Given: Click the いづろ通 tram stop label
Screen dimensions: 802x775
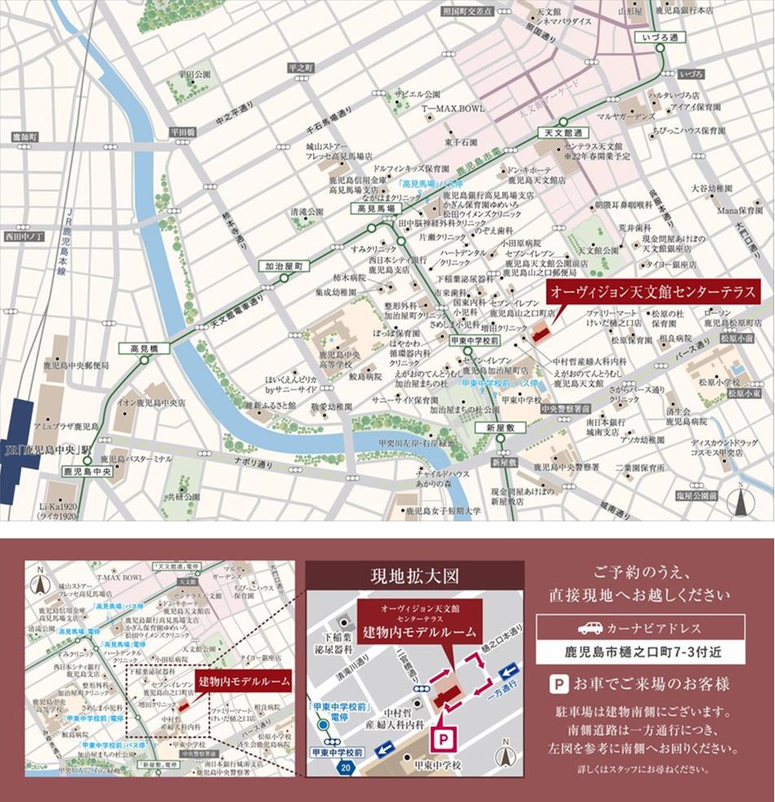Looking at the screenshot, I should click(660, 38).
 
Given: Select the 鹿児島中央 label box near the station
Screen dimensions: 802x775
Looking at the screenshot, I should click(85, 472).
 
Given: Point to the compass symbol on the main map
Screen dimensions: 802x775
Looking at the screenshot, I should click(741, 500).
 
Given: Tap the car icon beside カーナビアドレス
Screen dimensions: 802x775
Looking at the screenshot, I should click(589, 628).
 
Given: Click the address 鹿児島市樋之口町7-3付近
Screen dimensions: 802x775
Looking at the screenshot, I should click(641, 652).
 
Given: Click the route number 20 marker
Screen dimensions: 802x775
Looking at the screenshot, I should click(346, 768).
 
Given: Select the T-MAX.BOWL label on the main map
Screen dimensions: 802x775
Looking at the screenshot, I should click(453, 108).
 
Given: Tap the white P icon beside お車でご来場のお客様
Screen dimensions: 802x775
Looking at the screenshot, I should click(558, 683).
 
